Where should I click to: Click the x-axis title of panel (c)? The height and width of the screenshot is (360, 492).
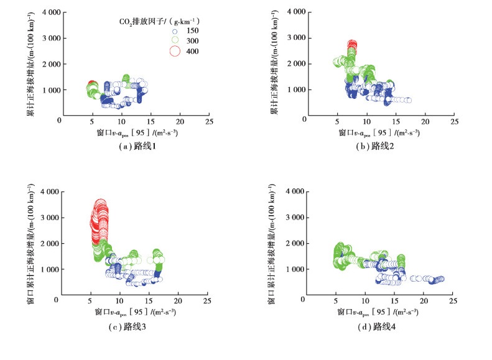coord(135,311)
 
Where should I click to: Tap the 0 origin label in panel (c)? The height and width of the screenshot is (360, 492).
coord(56,300)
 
